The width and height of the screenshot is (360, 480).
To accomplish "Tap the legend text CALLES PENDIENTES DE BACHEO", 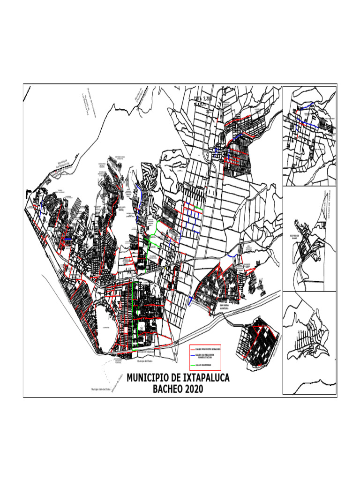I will pyautogui.click(x=208, y=350).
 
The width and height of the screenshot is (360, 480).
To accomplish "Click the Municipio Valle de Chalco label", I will pyautogui.click(x=100, y=390).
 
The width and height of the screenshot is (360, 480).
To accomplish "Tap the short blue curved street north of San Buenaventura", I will pyautogui.click(x=233, y=256).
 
